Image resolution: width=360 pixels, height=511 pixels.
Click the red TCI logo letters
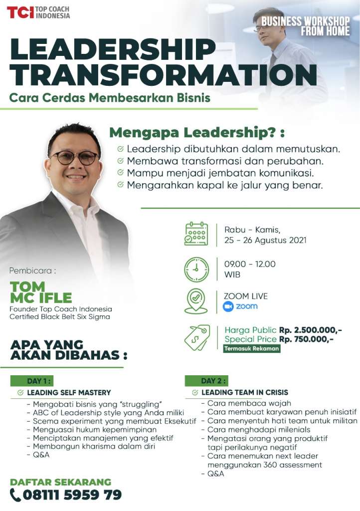20,12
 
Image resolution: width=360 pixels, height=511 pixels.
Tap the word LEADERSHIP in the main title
113,49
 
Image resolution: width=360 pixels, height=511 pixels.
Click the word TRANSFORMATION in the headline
164,75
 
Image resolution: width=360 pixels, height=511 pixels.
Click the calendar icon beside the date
196,234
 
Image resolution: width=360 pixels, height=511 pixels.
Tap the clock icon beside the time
196,269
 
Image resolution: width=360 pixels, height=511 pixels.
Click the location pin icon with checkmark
196,301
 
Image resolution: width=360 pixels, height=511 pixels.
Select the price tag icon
197,337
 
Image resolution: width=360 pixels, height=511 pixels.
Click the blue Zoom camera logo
228,307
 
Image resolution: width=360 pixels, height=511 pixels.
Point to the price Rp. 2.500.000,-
310,330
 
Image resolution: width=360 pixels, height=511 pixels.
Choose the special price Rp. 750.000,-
306,339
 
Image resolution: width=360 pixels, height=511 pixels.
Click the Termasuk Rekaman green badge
252,348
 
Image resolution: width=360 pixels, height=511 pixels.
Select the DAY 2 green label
206,381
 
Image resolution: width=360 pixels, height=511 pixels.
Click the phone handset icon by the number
15,495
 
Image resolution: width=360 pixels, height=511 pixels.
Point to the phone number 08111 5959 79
72,495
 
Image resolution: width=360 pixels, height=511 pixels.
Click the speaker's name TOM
27,287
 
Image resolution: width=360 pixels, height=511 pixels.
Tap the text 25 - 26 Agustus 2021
265,240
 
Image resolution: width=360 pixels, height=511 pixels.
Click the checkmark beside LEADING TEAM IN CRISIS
195,392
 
